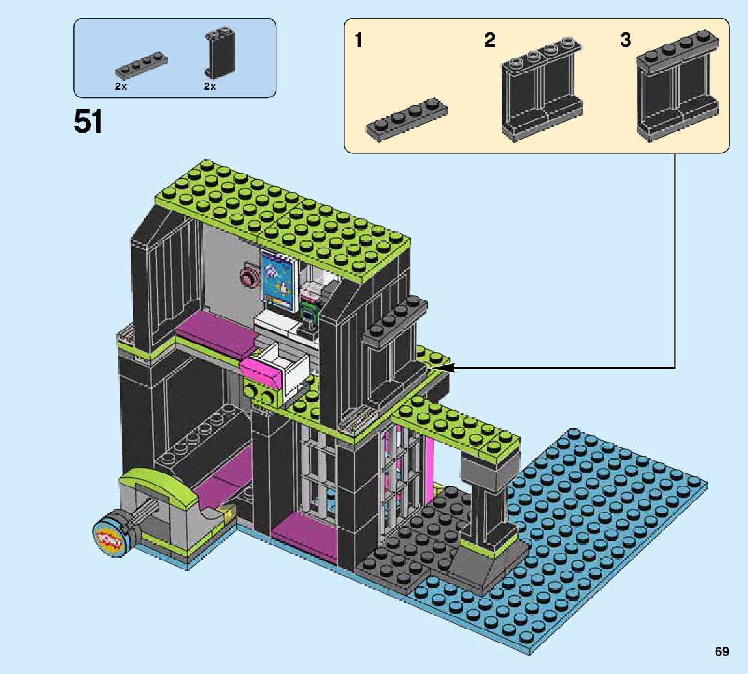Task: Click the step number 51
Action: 88,122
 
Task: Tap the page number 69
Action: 721,652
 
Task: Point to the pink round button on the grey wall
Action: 248,277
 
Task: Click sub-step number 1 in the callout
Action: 359,40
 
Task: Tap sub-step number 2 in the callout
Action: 489,40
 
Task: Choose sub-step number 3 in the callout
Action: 625,40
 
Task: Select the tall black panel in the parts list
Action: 220,53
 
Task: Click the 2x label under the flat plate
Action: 121,86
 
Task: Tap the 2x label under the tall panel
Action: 210,86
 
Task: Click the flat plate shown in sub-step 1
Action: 406,120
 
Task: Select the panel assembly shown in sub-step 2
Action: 542,88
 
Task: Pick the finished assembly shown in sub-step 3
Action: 677,86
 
